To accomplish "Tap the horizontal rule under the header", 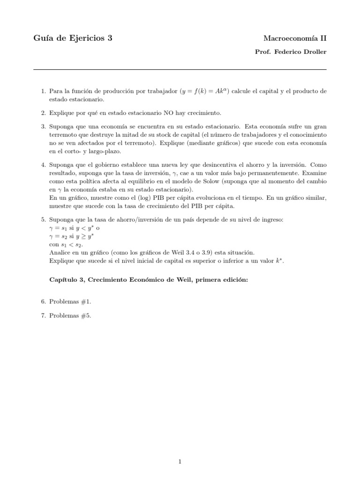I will [x=180, y=70].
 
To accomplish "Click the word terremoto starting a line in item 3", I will [x=62, y=135].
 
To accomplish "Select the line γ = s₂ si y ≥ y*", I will [x=73, y=236].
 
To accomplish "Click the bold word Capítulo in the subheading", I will [x=64, y=280].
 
